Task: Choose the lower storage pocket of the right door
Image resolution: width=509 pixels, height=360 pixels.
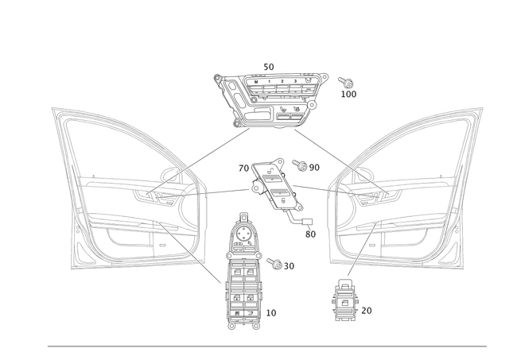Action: tap(382, 238)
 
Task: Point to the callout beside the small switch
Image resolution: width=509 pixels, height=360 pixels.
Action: tap(367, 308)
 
